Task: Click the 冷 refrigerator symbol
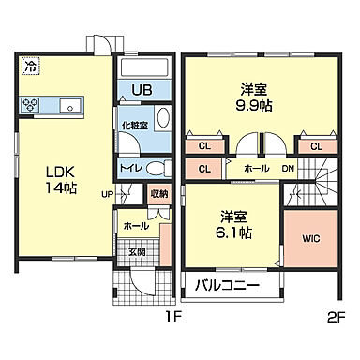tap(31, 67)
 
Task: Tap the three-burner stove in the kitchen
tap(31, 104)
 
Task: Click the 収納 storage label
tap(158, 194)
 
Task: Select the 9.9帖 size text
tap(250, 107)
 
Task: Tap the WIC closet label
tap(310, 238)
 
